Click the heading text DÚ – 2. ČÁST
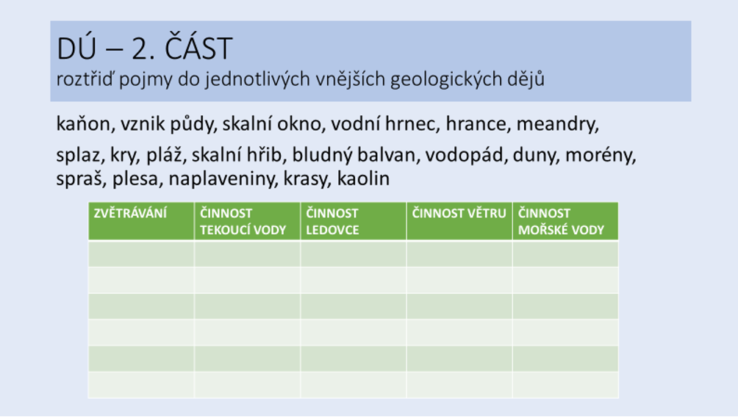145,48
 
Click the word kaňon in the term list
83,124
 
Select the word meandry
557,124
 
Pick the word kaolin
363,178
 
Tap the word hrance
477,124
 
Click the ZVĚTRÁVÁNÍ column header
130,214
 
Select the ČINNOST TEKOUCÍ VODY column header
243,222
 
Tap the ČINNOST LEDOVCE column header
332,222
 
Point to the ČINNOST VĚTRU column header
459,214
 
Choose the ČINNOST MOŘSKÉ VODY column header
561,222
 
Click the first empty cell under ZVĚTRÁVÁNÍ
141,254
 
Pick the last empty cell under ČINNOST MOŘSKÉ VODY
565,385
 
